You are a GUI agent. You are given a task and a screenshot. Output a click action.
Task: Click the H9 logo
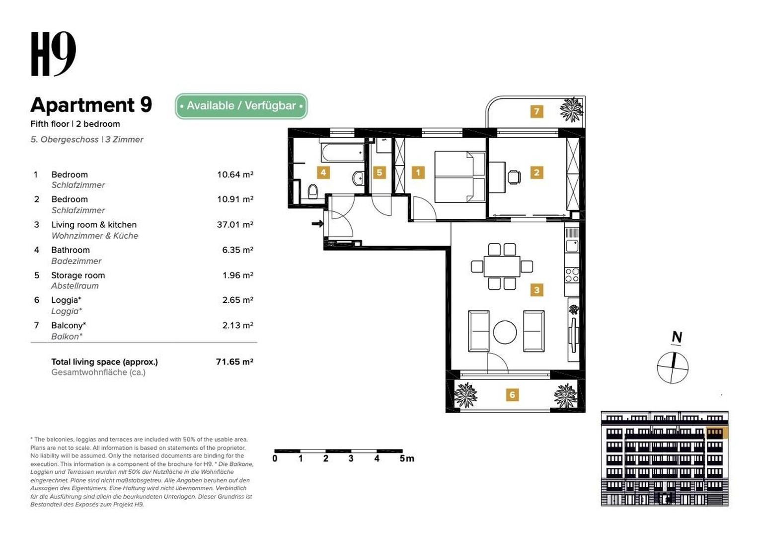[53, 54]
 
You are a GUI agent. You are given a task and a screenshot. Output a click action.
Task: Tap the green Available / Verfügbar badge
[241, 106]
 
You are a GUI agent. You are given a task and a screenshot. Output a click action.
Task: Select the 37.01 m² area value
[235, 225]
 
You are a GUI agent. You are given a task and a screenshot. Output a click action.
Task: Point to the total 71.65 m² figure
[234, 361]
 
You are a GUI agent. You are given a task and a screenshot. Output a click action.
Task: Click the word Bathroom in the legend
[71, 250]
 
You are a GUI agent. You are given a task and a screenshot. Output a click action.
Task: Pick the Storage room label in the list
[78, 275]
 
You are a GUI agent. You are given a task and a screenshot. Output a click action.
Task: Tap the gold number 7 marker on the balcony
[536, 111]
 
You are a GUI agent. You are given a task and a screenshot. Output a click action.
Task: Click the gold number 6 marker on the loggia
[512, 394]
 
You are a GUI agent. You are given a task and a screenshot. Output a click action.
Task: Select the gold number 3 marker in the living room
[536, 290]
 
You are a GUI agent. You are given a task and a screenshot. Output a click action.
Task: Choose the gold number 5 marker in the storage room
[379, 173]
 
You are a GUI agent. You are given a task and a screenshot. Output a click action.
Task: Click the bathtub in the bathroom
[342, 153]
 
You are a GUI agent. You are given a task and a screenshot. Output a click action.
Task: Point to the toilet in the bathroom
[313, 191]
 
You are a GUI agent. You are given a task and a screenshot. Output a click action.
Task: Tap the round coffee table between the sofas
[505, 333]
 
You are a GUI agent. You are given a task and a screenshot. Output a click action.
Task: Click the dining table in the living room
[502, 267]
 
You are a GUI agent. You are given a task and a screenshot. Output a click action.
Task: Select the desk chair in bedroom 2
[514, 177]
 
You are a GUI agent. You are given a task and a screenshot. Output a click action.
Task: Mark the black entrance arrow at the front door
[317, 224]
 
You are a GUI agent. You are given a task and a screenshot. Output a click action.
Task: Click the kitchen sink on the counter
[572, 246]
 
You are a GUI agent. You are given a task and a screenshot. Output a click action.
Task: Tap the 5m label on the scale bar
[407, 458]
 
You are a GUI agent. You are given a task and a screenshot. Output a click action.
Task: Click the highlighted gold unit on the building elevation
[716, 433]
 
